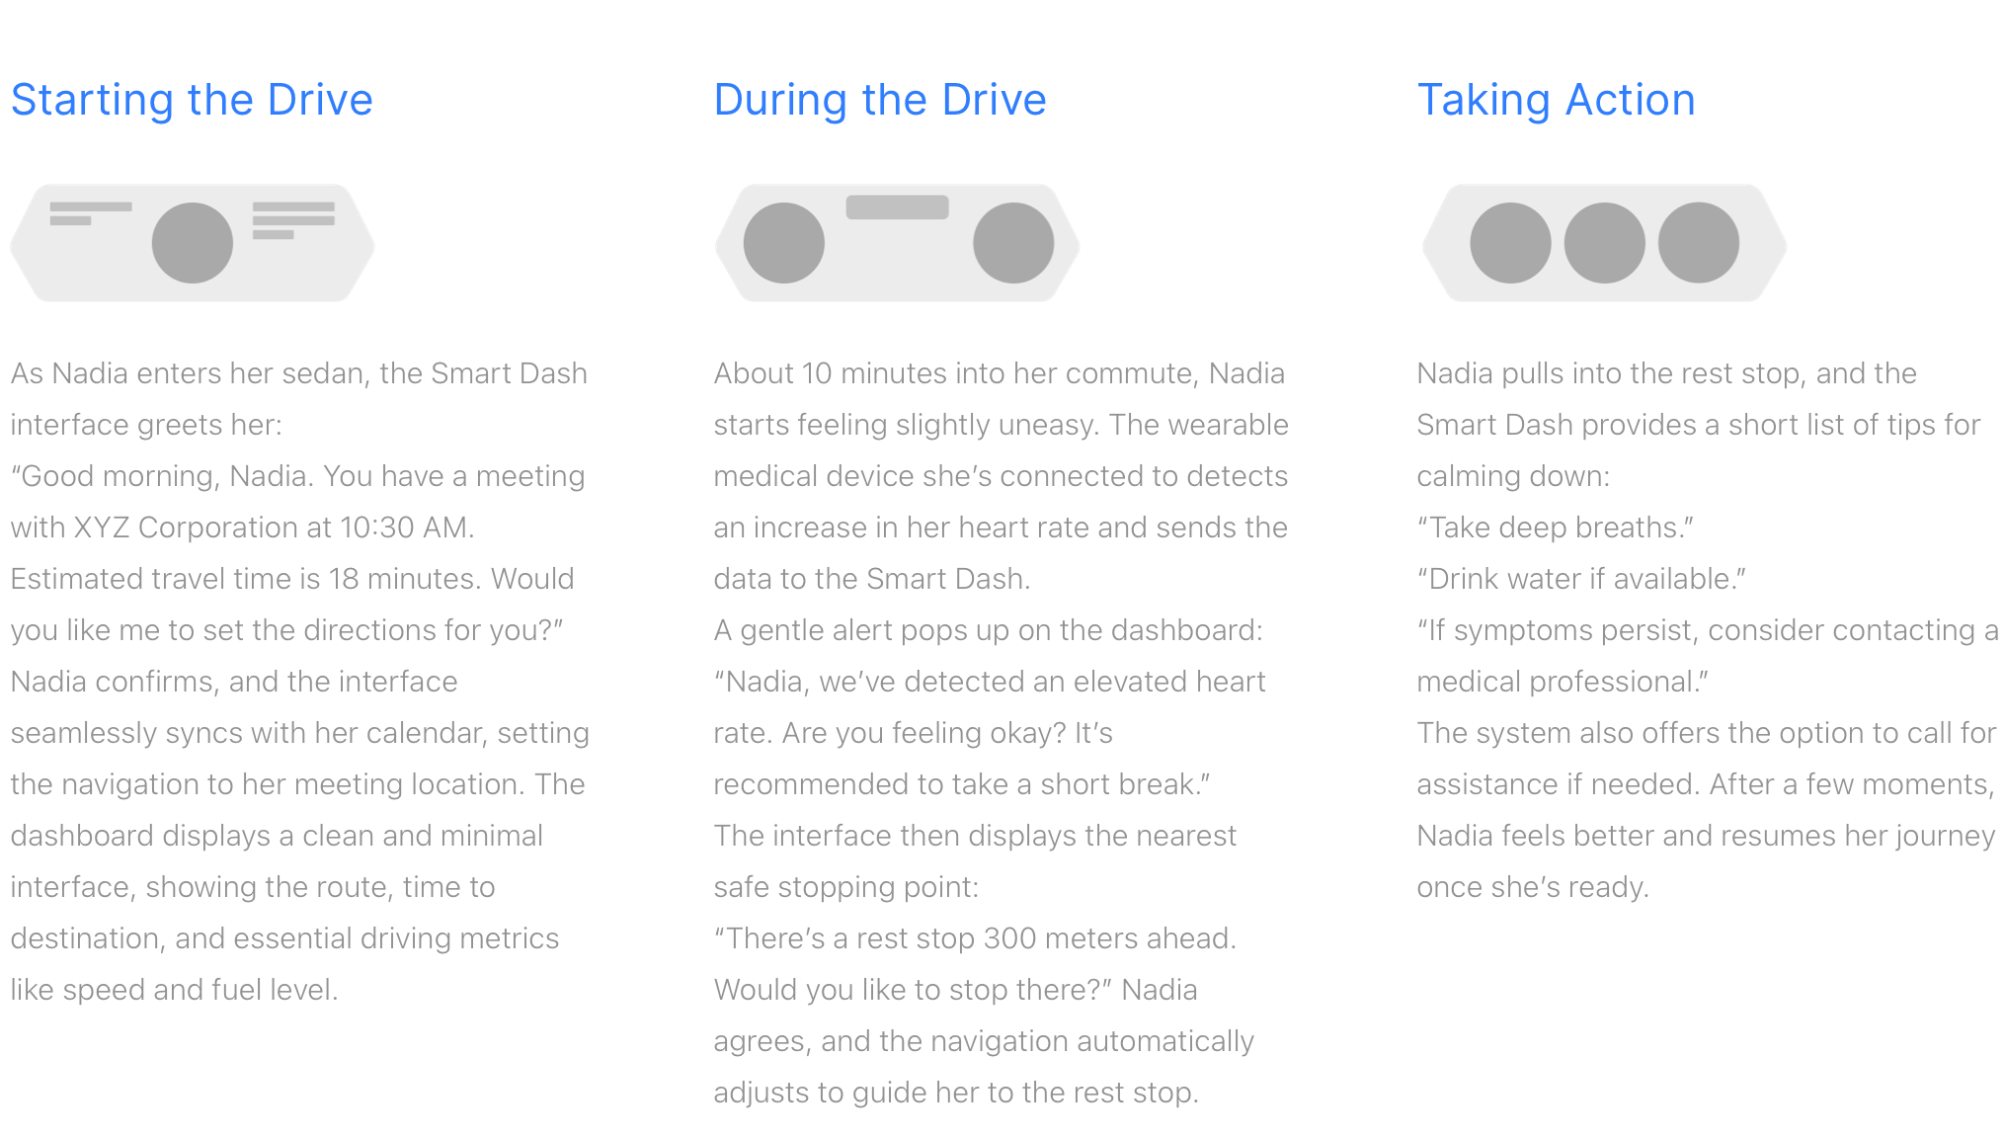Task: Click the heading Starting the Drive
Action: click(x=192, y=100)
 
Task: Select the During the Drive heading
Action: click(x=880, y=100)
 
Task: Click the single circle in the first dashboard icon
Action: click(x=193, y=243)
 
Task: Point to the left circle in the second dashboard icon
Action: click(x=784, y=243)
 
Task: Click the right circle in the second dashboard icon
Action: click(x=1013, y=243)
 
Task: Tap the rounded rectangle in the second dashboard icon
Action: click(x=898, y=207)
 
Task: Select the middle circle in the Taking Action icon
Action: click(x=1605, y=243)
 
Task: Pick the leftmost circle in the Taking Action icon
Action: click(x=1511, y=243)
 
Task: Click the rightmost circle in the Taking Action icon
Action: click(x=1699, y=243)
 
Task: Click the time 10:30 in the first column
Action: click(x=376, y=528)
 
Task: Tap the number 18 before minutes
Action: click(x=344, y=579)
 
